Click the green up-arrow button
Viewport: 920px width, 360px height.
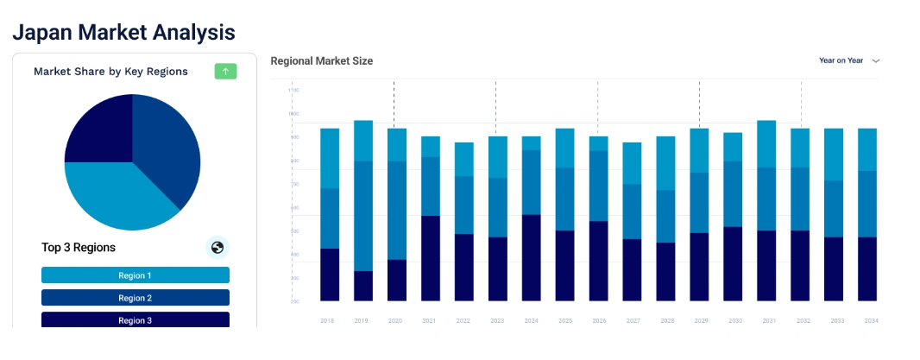[225, 72]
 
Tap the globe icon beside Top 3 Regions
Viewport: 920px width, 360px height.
[217, 248]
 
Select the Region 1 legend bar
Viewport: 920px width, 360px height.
[135, 275]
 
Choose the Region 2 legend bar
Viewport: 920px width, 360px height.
[135, 298]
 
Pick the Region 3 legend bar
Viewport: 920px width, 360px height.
[135, 319]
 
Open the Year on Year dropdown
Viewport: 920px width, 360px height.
[849, 61]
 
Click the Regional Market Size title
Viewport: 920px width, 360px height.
[321, 61]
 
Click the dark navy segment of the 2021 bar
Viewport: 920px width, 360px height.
[430, 258]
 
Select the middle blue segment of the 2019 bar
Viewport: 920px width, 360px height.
[362, 216]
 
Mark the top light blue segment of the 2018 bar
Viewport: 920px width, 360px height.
[329, 158]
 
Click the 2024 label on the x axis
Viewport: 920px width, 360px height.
[532, 320]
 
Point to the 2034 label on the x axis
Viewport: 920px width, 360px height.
[871, 320]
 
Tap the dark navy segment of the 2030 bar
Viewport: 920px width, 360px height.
[733, 263]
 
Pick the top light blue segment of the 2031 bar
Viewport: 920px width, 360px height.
[766, 143]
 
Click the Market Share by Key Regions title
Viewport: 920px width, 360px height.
[110, 72]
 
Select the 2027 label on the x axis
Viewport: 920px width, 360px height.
[633, 320]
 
